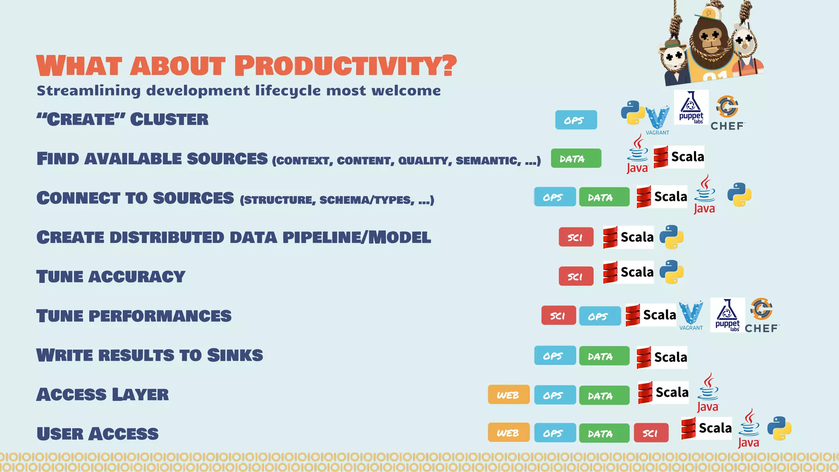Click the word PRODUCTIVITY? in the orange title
click(x=345, y=66)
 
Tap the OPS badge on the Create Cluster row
click(x=576, y=120)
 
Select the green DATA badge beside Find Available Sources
click(x=576, y=159)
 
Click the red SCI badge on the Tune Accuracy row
click(x=576, y=277)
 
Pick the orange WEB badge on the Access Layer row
click(x=508, y=395)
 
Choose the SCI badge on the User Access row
click(x=651, y=433)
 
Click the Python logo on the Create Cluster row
click(x=633, y=112)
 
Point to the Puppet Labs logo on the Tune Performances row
click(x=727, y=315)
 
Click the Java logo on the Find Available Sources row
click(x=637, y=154)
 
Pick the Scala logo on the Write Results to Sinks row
click(x=662, y=357)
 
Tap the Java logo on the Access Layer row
click(x=708, y=393)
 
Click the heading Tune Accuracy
click(x=111, y=277)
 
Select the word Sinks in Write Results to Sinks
click(x=235, y=355)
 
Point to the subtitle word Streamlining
click(x=88, y=91)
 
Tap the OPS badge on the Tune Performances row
click(x=600, y=316)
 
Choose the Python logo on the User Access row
click(x=779, y=429)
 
